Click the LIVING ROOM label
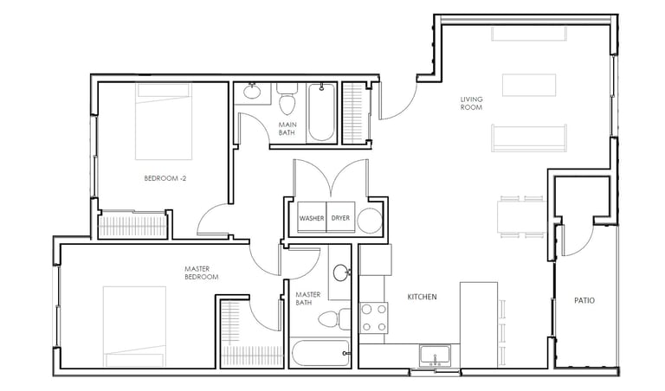coord(471,103)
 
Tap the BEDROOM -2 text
coord(165,178)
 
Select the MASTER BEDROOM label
coord(202,272)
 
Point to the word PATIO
coord(584,300)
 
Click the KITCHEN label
coord(422,297)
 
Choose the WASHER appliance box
coord(312,217)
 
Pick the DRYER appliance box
coord(340,217)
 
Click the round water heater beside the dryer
coord(370,221)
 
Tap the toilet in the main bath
coord(287,99)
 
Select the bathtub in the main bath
coord(321,112)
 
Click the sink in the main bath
coord(252,92)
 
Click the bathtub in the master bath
coord(320,353)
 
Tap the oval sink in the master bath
coord(341,272)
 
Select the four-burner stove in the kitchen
coord(374,317)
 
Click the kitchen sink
coord(435,356)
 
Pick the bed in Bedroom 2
coord(164,122)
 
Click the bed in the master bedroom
coord(134,326)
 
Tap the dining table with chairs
coord(521,216)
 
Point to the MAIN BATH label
coord(287,128)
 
